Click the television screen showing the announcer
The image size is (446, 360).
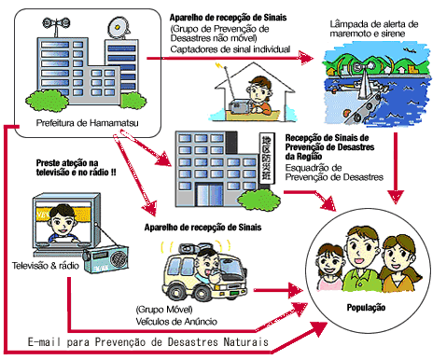pos(51,224)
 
